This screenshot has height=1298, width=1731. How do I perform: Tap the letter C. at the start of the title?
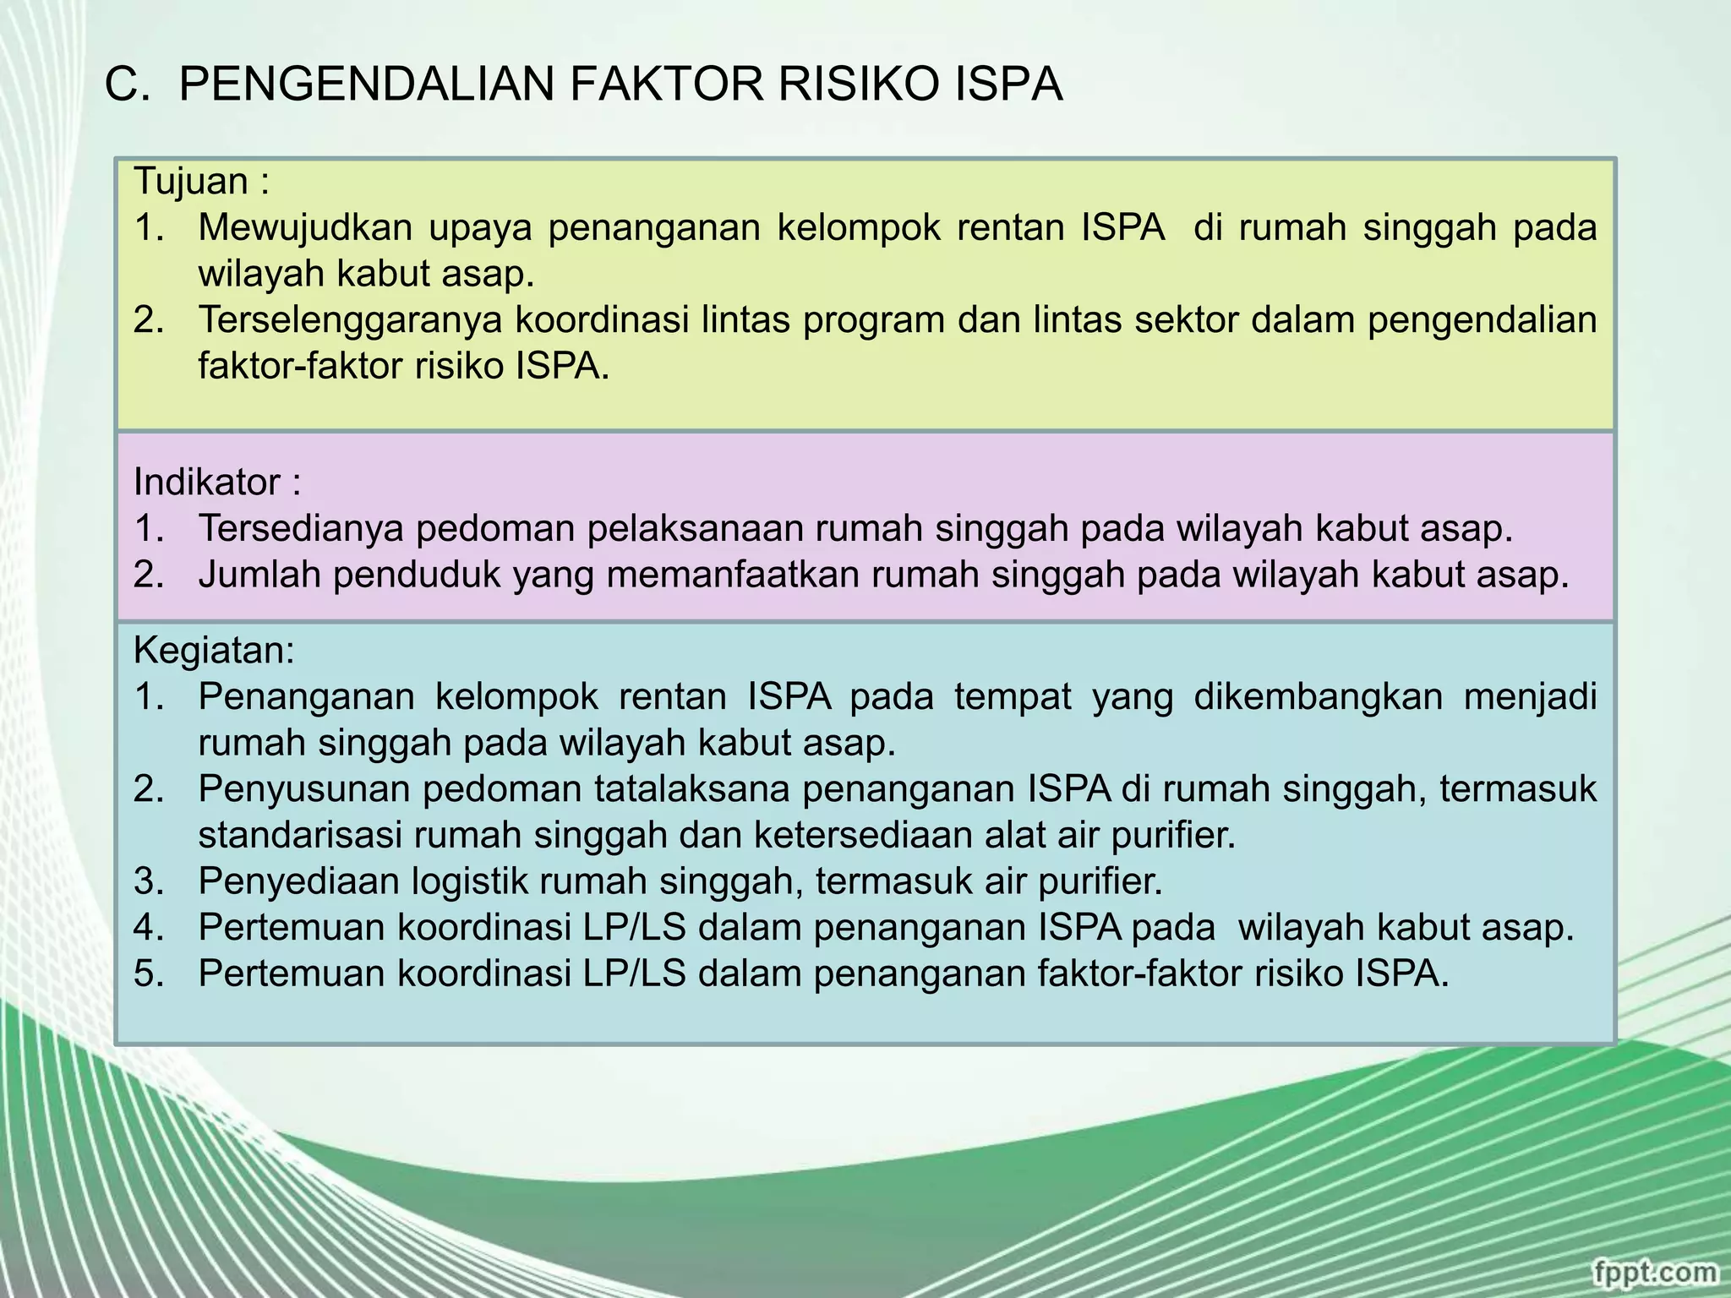[127, 85]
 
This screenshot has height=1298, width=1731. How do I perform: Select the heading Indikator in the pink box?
[207, 483]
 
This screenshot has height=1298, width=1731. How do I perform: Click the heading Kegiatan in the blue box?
[211, 651]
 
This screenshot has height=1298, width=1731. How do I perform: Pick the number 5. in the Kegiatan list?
[148, 974]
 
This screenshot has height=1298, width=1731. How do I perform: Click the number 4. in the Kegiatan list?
[148, 928]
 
